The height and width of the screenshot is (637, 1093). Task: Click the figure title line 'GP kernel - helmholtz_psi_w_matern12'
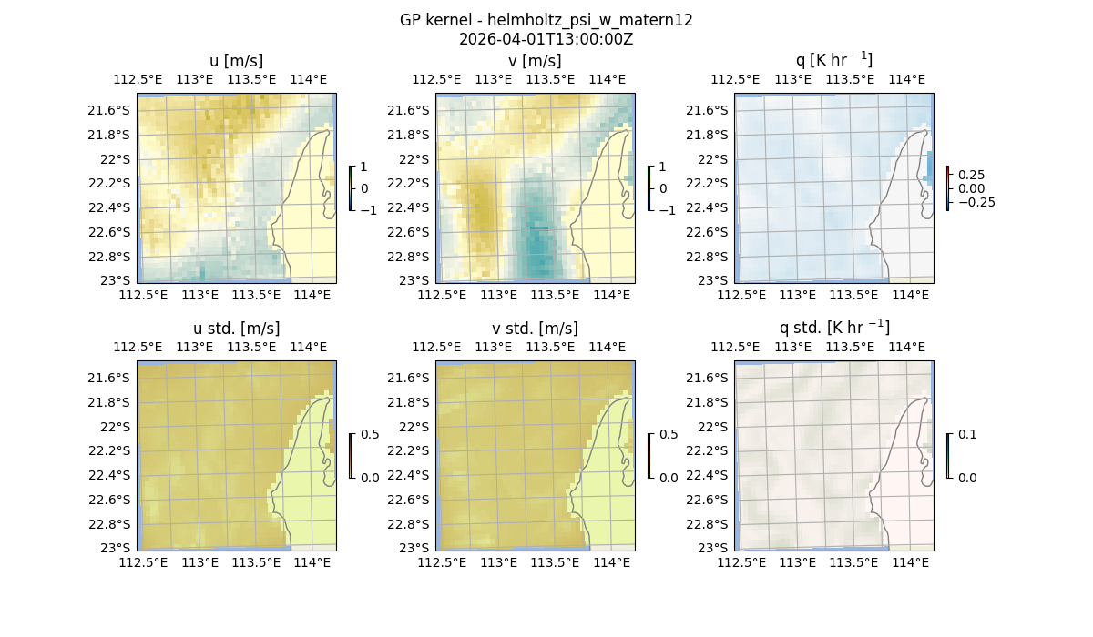546,20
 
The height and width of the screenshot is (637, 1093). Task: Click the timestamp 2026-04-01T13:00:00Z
546,39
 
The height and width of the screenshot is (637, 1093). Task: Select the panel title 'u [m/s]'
236,61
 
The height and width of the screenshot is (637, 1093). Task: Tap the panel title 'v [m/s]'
535,61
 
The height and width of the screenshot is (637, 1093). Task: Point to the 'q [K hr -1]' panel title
833,61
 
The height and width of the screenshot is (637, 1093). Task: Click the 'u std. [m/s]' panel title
236,329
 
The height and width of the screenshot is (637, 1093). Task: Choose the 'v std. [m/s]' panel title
535,329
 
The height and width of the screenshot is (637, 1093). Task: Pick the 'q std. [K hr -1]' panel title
833,328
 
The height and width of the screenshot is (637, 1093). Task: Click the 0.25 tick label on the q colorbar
970,175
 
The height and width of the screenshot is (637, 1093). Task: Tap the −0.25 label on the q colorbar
975,202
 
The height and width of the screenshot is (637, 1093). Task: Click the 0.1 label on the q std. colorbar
966,435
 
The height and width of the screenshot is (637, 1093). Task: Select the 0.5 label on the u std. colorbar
370,435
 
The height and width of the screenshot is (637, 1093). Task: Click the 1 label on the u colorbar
364,167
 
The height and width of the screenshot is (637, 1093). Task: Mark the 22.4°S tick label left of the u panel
109,207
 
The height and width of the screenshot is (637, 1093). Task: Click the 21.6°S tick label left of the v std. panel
408,378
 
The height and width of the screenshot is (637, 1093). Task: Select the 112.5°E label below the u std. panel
143,562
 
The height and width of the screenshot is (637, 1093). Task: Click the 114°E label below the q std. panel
911,562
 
